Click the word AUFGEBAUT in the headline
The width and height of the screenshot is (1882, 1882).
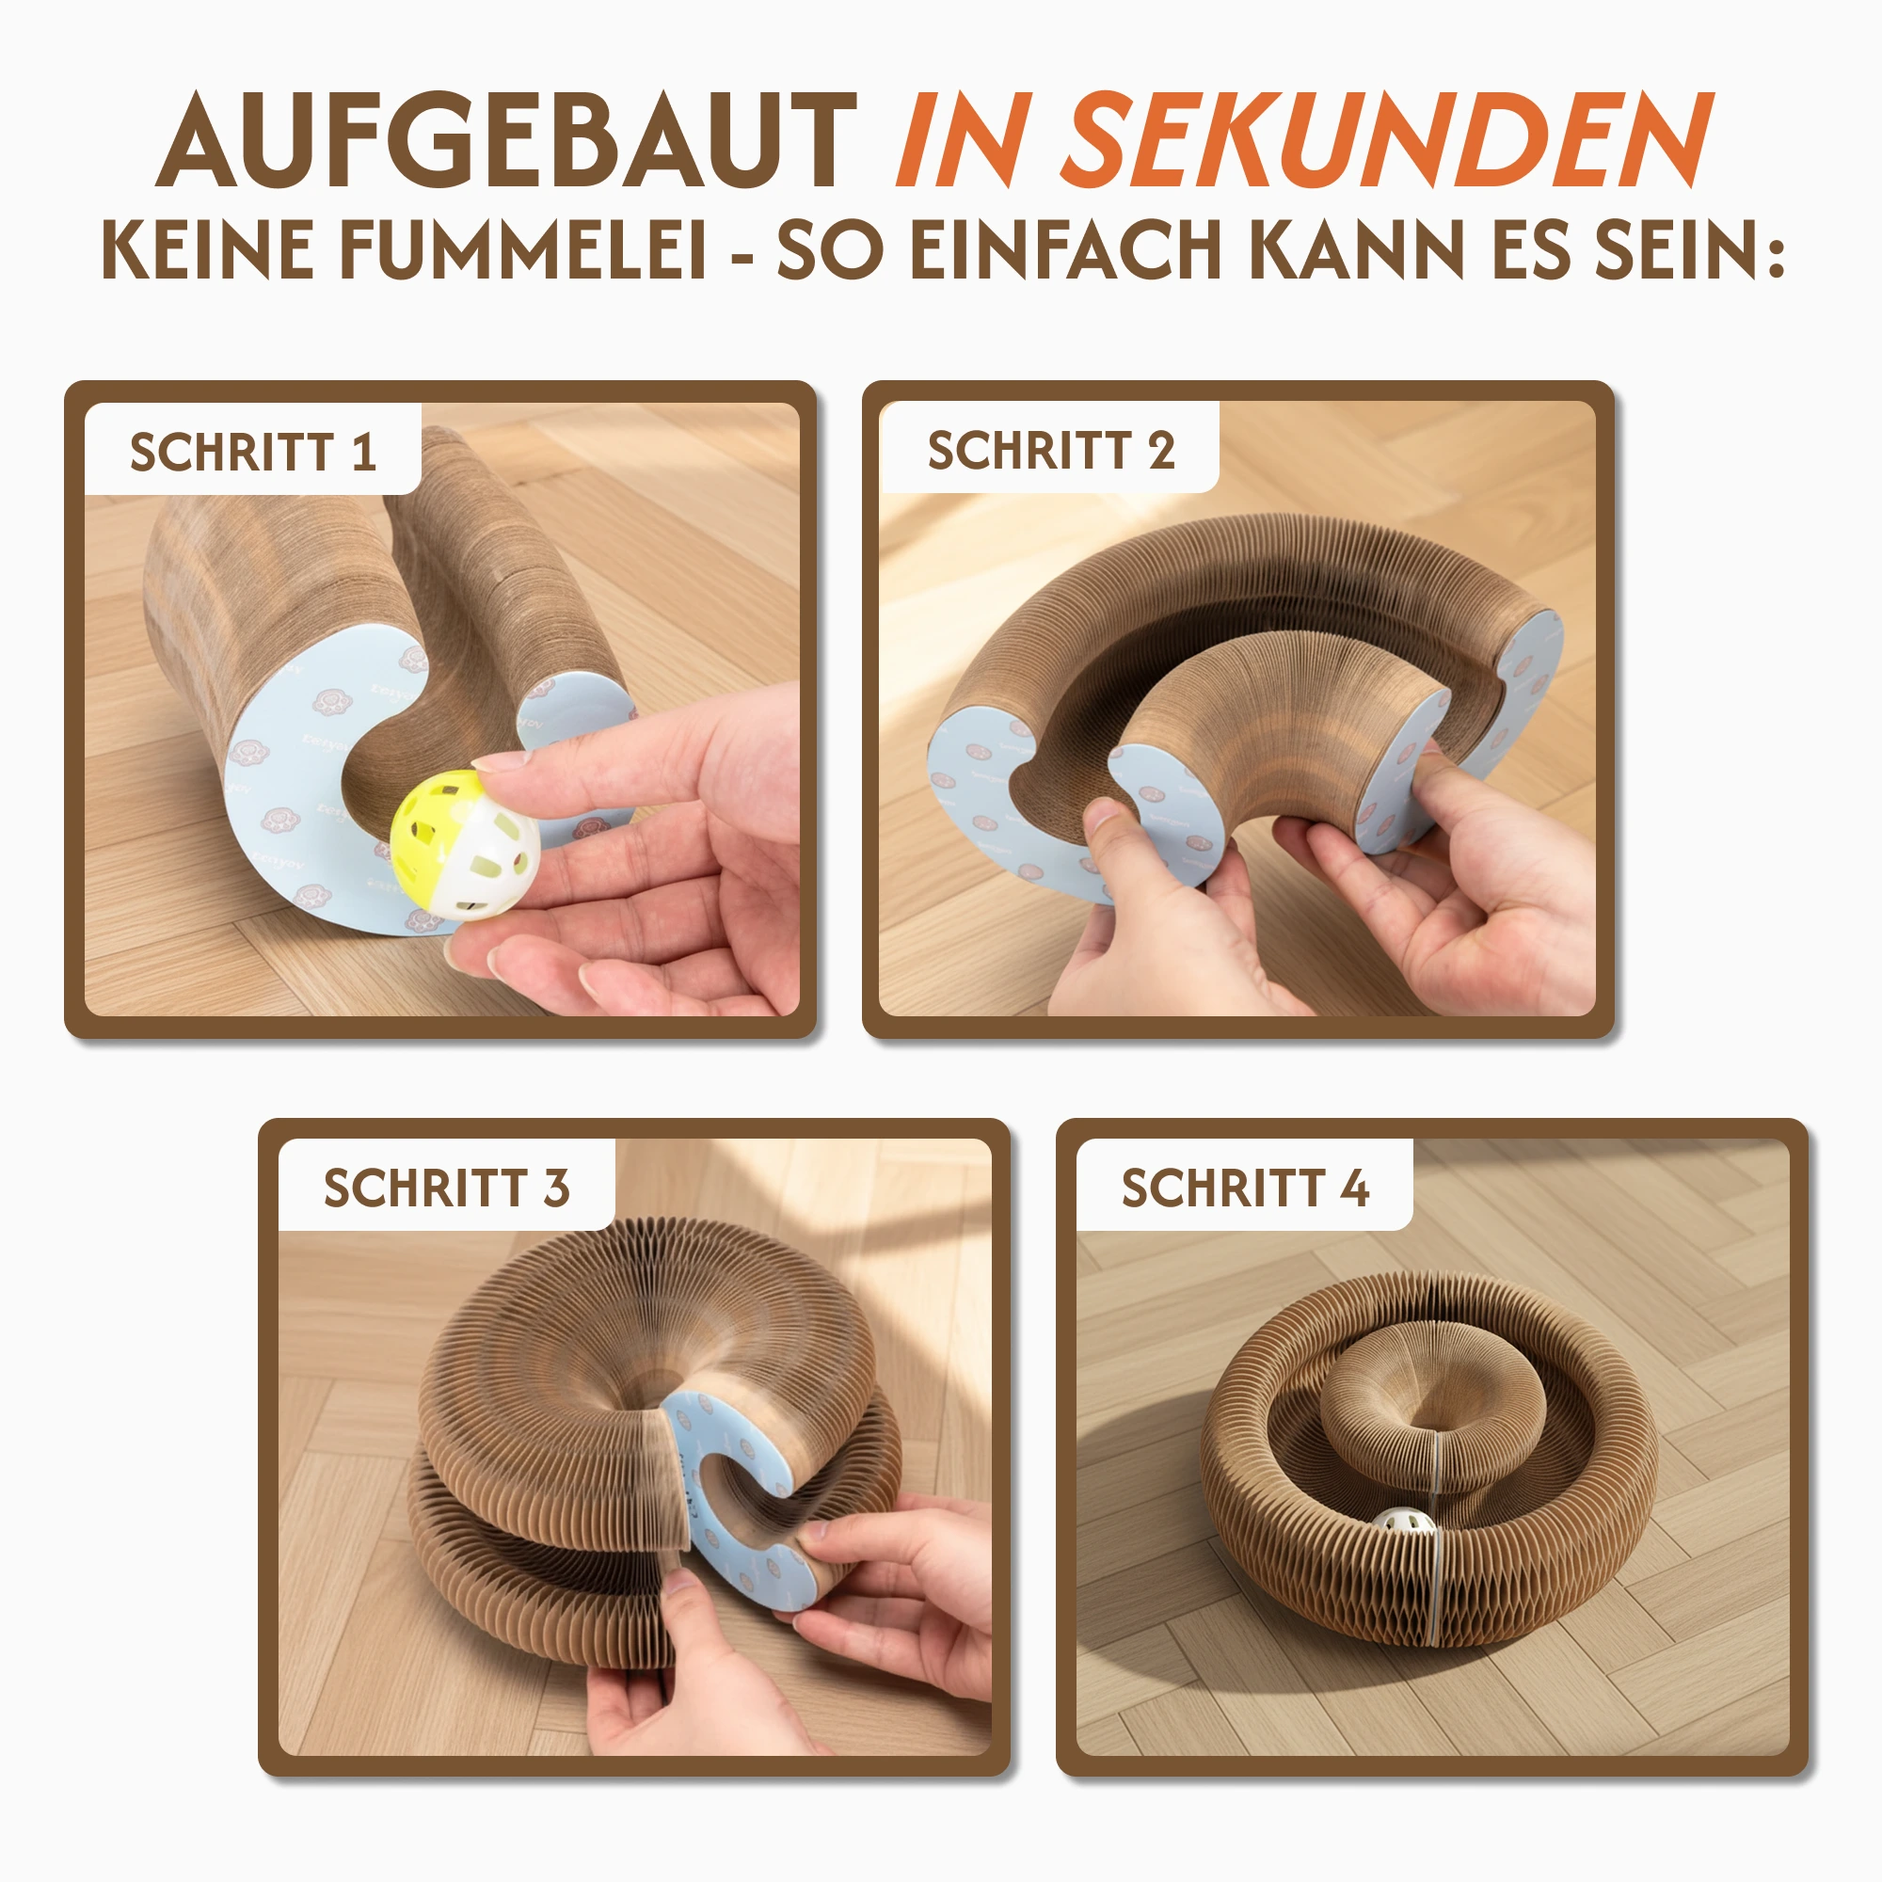tap(506, 139)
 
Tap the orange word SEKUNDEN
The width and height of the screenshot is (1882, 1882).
tap(1388, 139)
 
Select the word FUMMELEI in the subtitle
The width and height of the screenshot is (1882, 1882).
tap(522, 250)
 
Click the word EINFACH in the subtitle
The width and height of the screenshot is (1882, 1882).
tap(1066, 250)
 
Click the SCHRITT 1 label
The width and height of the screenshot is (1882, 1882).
tap(253, 452)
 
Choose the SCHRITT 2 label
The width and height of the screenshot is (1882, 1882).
tap(1051, 450)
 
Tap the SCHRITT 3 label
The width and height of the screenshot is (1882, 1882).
tap(446, 1188)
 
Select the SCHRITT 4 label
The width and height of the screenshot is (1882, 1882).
tap(1245, 1188)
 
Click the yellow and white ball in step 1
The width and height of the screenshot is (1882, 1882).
tap(465, 845)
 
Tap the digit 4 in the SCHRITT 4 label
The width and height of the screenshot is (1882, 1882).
tap(1354, 1188)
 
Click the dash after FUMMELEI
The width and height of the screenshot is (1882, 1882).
tap(742, 257)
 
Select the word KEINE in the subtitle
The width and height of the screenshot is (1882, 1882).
tap(207, 250)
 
